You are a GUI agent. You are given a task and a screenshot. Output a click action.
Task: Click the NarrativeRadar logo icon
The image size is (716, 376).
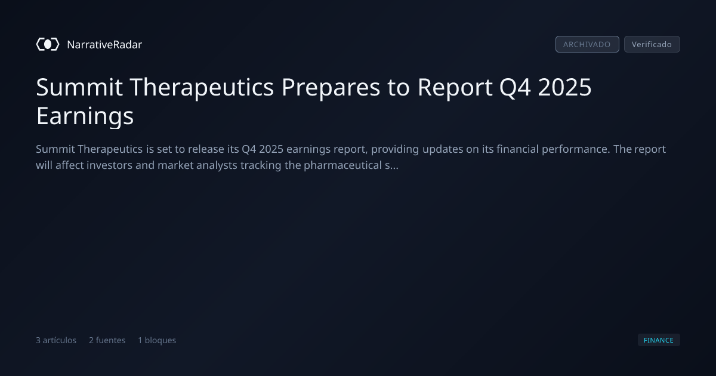tap(48, 44)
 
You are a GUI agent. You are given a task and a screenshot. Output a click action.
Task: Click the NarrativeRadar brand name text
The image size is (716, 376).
tap(104, 44)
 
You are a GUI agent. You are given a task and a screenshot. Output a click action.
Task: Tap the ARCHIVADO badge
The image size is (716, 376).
tap(587, 44)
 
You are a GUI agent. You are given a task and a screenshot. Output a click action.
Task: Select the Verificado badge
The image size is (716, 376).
tap(652, 44)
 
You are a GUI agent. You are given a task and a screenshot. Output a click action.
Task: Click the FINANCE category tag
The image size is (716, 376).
tap(659, 340)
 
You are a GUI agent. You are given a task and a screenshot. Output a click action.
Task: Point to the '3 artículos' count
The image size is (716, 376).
tap(56, 340)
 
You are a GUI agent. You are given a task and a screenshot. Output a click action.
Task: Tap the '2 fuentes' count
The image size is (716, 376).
tap(107, 340)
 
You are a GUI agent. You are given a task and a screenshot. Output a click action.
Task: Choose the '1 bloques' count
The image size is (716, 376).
tap(157, 340)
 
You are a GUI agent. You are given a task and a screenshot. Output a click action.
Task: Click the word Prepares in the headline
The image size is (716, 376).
tap(331, 88)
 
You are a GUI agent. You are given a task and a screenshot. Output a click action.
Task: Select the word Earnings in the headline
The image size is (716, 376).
tap(85, 116)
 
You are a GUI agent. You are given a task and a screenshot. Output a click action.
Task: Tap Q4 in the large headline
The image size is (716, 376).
tap(515, 88)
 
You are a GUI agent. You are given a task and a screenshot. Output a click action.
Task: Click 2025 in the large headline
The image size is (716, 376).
tap(565, 87)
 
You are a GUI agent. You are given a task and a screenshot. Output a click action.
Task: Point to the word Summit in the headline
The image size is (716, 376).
tap(79, 87)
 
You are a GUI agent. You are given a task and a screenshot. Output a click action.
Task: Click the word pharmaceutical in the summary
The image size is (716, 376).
tap(342, 166)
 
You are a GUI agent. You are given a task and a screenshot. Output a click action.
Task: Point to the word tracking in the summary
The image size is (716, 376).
tap(261, 166)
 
